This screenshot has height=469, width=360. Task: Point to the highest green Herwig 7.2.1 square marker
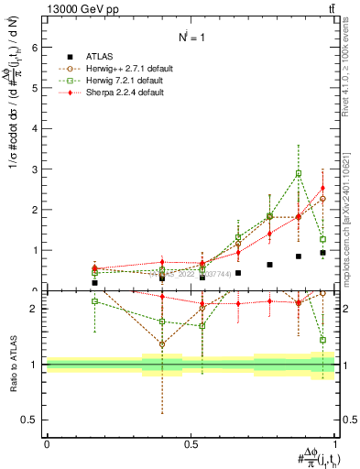pyautogui.click(x=299, y=173)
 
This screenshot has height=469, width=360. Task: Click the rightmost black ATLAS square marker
pyautogui.click(x=322, y=252)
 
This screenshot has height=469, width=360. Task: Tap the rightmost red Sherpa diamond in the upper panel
pyautogui.click(x=322, y=189)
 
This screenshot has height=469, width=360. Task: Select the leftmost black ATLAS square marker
pyautogui.click(x=94, y=283)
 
